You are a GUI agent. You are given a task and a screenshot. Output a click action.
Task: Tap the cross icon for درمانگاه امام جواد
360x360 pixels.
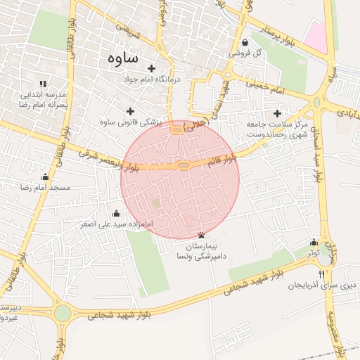(x=152, y=68)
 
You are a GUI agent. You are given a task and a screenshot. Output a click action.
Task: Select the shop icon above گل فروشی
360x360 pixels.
(x=244, y=41)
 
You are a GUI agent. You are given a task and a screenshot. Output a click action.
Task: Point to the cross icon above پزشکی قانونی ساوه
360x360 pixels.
(x=129, y=110)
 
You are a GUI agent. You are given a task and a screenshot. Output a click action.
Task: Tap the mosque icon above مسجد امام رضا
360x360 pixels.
(x=46, y=177)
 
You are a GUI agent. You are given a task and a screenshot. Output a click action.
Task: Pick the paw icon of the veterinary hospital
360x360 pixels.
(x=203, y=235)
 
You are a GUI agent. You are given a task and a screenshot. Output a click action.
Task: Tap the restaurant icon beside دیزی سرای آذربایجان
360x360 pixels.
(x=322, y=274)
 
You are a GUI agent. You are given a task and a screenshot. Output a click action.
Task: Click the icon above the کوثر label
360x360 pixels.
(x=314, y=242)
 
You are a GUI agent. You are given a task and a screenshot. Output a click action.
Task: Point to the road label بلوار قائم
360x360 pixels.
(x=223, y=161)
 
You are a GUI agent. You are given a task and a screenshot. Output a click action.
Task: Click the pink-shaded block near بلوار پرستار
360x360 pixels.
(x=317, y=35)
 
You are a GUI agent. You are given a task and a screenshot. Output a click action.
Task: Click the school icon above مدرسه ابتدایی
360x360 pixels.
(x=42, y=83)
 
